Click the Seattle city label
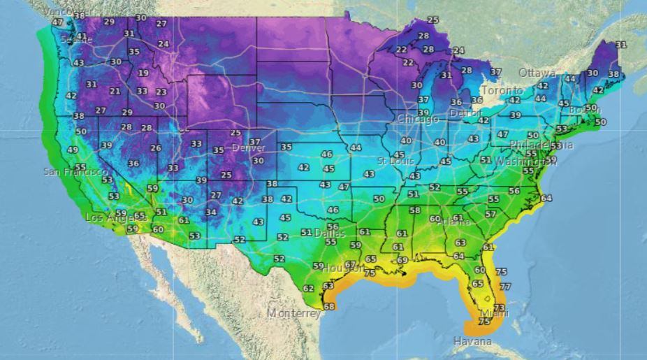click(x=75, y=40)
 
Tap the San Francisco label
click(x=75, y=171)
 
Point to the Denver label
click(x=248, y=148)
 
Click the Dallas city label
click(x=329, y=233)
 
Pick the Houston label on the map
click(x=343, y=268)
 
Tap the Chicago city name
click(x=418, y=119)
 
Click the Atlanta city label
click(x=455, y=222)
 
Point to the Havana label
click(x=472, y=341)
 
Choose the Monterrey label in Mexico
click(x=294, y=313)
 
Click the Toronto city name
click(x=502, y=91)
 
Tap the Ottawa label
click(x=537, y=73)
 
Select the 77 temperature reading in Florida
click(x=505, y=287)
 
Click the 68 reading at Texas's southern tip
click(x=329, y=306)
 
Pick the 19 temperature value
click(x=143, y=73)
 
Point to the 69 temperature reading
click(x=402, y=260)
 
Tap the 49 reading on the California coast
click(x=73, y=150)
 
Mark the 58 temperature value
click(x=415, y=210)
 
